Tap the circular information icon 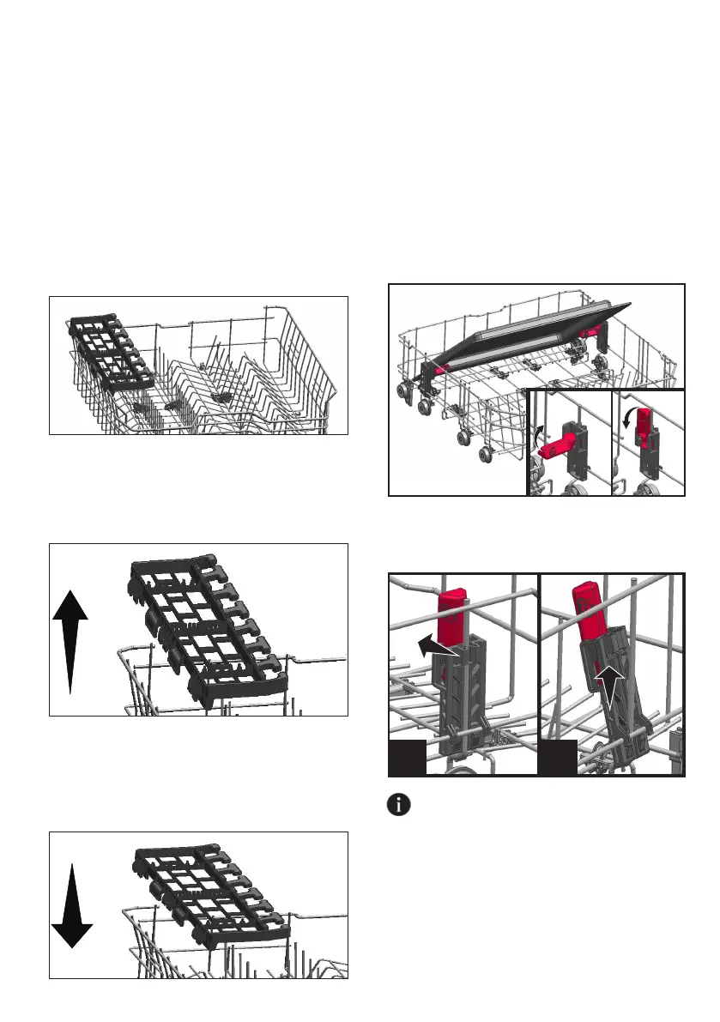pos(399,806)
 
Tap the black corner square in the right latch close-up pos(559,758)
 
